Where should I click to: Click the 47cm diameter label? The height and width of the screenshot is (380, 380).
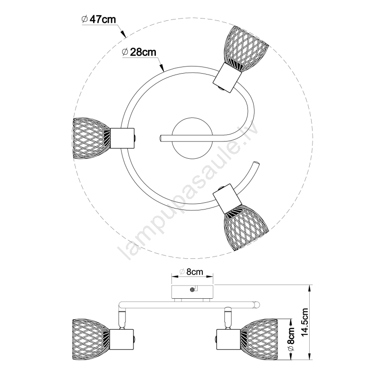coord(99,19)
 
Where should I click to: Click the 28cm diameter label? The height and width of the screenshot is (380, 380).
coord(139,52)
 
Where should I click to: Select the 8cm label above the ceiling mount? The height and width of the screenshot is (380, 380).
coord(191,272)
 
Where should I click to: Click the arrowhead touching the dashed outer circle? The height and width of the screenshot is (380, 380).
coord(123,34)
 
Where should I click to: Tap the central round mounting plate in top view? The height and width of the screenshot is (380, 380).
coord(192,138)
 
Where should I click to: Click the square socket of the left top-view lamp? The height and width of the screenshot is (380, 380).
coord(123,138)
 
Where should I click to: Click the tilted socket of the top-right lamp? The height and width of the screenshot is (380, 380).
coord(227,76)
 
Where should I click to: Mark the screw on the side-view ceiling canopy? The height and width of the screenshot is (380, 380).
coord(192,289)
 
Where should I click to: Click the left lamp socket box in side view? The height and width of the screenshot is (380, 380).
coord(122,339)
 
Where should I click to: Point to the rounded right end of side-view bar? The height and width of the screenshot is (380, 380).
coord(257,304)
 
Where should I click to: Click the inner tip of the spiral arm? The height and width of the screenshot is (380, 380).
coord(161,139)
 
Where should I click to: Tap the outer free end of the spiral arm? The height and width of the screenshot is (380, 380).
coord(256,164)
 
